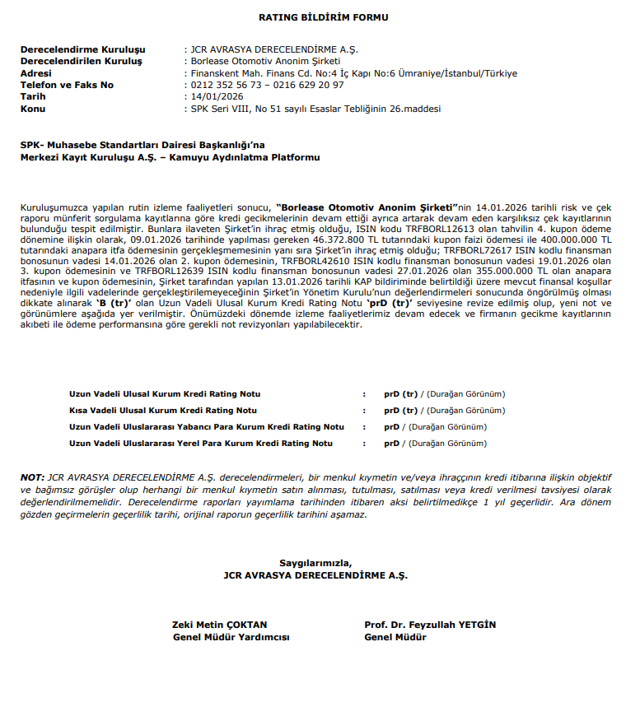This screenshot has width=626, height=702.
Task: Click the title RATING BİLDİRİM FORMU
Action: (x=312, y=17)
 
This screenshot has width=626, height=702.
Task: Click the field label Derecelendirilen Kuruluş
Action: (x=82, y=62)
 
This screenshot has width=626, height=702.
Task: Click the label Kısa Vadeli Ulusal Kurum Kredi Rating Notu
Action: (x=162, y=410)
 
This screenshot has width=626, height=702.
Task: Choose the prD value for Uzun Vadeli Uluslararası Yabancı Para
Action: (x=391, y=427)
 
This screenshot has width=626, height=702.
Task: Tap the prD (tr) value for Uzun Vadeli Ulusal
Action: (x=401, y=393)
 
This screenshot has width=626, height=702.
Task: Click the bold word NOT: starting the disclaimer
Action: (x=32, y=477)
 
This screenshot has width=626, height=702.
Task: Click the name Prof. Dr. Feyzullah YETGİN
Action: (x=430, y=625)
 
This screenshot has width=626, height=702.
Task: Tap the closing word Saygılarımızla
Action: (x=315, y=564)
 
